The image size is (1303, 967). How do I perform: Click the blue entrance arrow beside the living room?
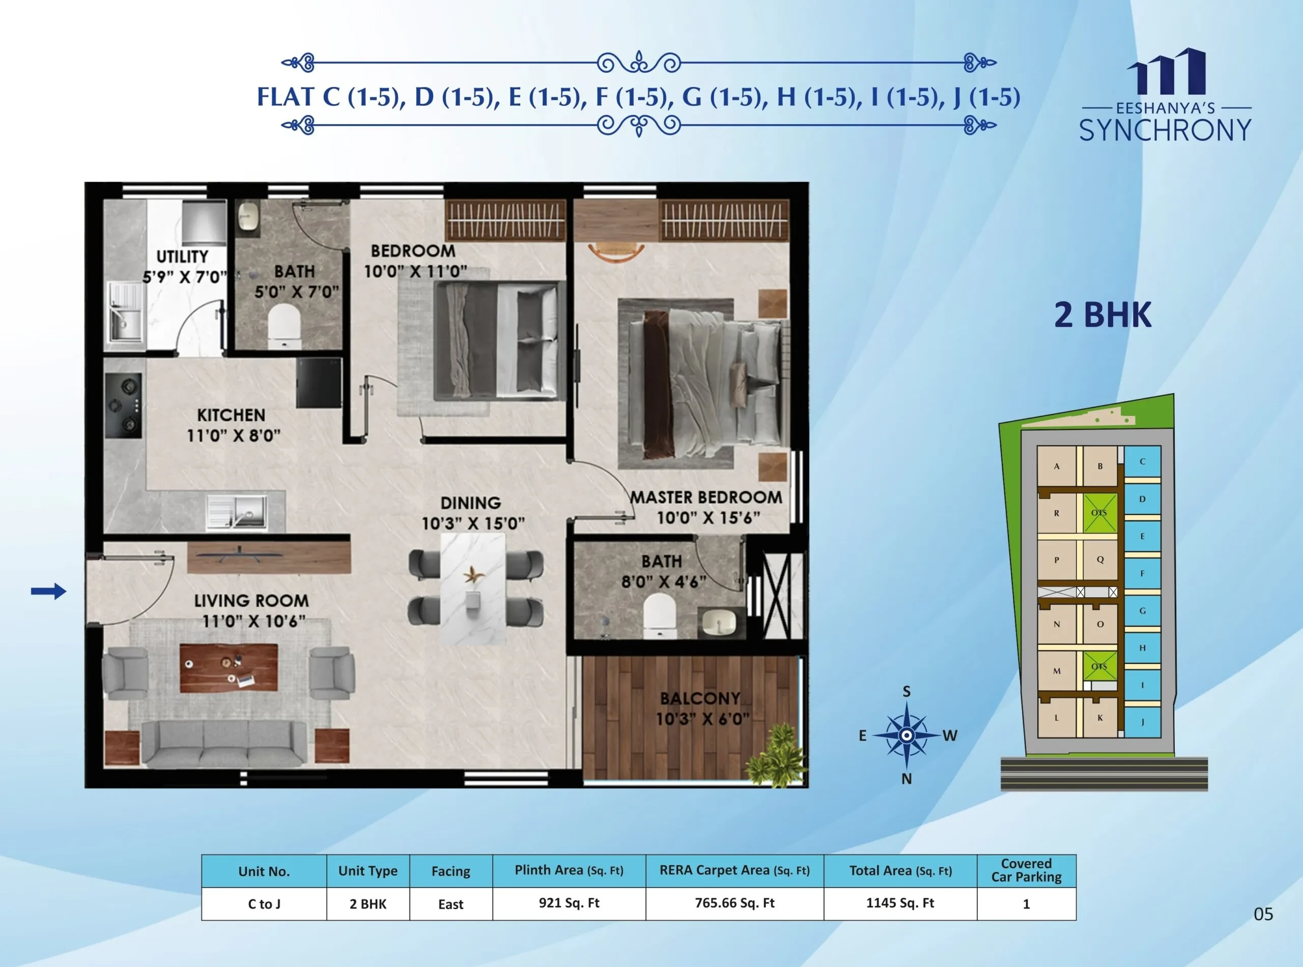(x=48, y=591)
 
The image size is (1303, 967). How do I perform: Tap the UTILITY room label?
(x=182, y=256)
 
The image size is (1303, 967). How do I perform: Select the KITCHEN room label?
(x=231, y=415)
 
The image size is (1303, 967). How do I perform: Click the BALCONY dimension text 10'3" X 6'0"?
(x=702, y=719)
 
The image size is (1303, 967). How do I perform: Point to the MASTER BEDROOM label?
(x=706, y=497)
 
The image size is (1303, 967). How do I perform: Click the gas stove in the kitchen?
(x=124, y=405)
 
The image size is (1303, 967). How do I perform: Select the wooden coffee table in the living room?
(x=229, y=668)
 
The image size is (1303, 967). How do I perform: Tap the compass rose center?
(x=906, y=735)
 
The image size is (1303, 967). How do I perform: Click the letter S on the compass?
(x=907, y=691)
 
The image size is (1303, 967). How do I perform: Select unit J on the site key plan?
(x=1142, y=722)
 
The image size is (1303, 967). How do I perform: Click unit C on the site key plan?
(x=1142, y=462)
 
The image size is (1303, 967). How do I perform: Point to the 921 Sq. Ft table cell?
(x=569, y=903)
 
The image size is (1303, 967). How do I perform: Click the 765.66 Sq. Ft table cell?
(x=735, y=903)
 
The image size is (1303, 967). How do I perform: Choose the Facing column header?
(x=451, y=871)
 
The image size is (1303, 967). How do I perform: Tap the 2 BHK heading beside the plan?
(x=1103, y=315)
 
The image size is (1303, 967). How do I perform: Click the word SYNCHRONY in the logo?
(x=1166, y=130)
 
